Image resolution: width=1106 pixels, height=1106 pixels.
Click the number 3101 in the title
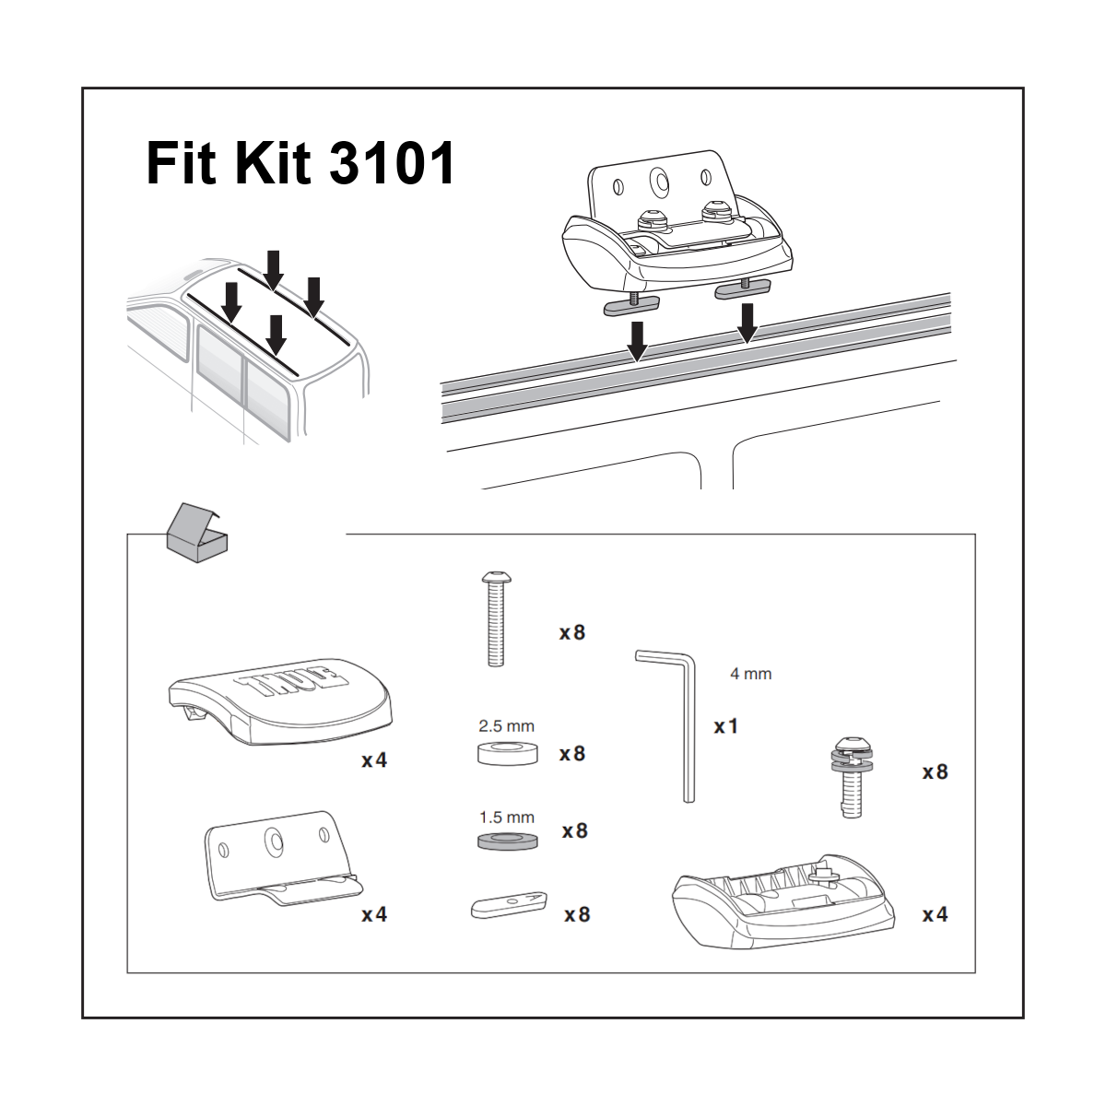(x=392, y=163)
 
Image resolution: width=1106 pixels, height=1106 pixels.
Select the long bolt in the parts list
(x=495, y=618)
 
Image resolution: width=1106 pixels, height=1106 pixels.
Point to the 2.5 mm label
(x=506, y=726)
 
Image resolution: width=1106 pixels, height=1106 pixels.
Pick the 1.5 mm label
(x=506, y=818)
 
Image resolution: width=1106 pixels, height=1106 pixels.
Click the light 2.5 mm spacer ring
(x=507, y=752)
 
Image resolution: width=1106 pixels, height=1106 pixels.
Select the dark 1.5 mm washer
(x=508, y=840)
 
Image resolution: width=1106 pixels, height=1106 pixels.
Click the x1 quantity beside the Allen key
(x=726, y=726)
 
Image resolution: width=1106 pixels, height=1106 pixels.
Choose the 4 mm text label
(x=750, y=674)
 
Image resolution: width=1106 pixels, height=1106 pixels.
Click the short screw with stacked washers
(x=853, y=775)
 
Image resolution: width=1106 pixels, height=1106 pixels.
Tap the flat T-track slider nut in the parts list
(x=508, y=904)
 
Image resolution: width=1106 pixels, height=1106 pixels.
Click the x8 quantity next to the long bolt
(x=572, y=632)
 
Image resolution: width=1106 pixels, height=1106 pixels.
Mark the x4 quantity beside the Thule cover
(x=374, y=760)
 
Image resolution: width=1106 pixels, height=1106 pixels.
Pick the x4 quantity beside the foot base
(x=935, y=914)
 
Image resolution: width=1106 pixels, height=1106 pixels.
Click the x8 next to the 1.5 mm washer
(x=574, y=831)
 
